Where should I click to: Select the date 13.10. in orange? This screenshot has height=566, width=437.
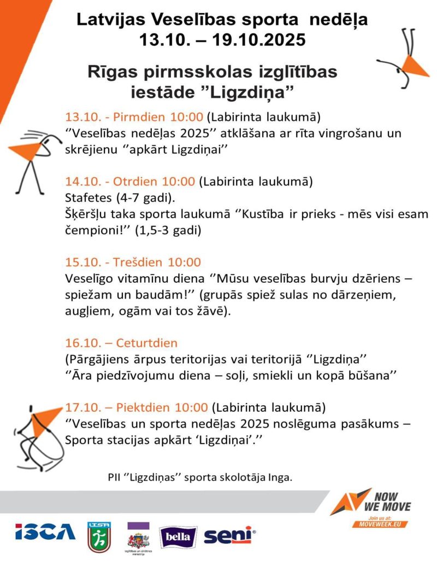[80, 117]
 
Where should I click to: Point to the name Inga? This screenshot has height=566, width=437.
[282, 477]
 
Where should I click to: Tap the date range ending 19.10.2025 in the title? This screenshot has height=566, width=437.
[222, 40]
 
